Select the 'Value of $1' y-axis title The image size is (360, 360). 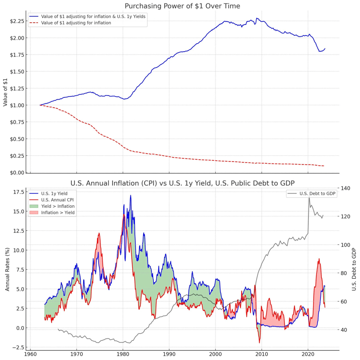point(5,92)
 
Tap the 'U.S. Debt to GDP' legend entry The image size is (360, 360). point(317,193)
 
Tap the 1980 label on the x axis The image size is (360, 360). point(123,354)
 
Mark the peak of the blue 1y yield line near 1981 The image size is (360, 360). point(130,196)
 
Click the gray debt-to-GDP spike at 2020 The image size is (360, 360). point(309,198)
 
